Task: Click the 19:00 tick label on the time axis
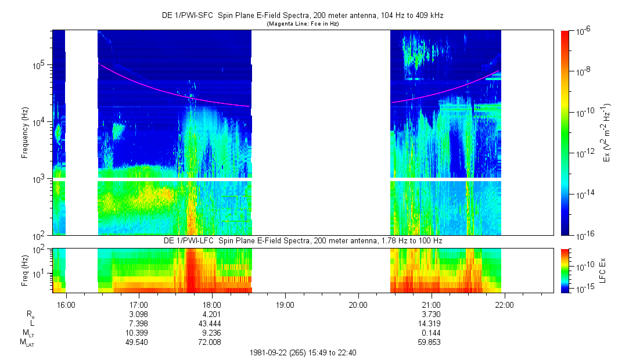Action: (x=285, y=305)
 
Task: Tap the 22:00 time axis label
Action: (x=504, y=305)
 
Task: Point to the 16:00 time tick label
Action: (x=66, y=305)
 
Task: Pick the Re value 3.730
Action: (x=431, y=314)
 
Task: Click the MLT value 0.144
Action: (x=431, y=333)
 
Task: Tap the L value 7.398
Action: (x=138, y=323)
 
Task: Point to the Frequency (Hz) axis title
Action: (x=25, y=133)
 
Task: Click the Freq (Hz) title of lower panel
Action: (x=25, y=271)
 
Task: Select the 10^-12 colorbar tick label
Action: (x=583, y=153)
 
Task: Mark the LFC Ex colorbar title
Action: (x=602, y=271)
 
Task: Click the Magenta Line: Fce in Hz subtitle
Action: (x=303, y=24)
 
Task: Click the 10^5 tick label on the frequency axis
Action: (x=40, y=65)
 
